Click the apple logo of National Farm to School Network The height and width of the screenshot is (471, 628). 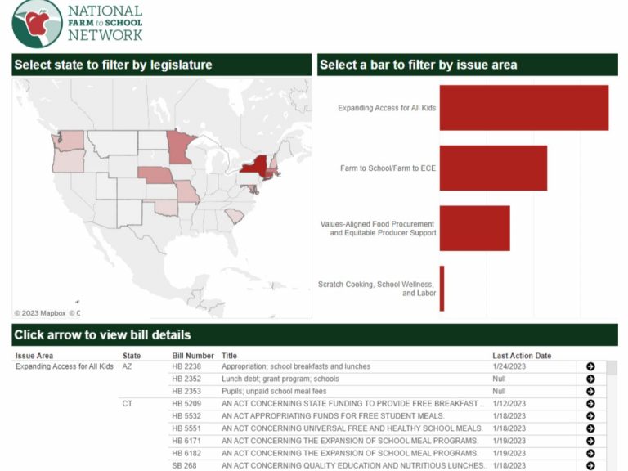[37, 23]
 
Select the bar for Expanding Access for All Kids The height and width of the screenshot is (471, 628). [523, 108]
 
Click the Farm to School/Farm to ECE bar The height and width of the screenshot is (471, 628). [493, 168]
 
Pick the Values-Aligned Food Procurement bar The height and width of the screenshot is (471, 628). [474, 228]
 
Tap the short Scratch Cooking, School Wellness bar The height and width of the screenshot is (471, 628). [442, 288]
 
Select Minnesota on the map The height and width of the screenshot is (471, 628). [178, 146]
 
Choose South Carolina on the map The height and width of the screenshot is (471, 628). [234, 215]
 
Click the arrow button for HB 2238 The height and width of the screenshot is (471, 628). [590, 367]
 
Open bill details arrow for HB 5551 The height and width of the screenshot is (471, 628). [590, 428]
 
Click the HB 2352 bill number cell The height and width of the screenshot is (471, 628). [186, 379]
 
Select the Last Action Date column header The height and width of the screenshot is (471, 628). [522, 356]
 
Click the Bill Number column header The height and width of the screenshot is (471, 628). [193, 356]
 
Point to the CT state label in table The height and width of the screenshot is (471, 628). [128, 404]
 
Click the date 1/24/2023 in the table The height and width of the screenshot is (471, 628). [509, 367]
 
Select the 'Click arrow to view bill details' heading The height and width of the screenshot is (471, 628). [102, 334]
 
